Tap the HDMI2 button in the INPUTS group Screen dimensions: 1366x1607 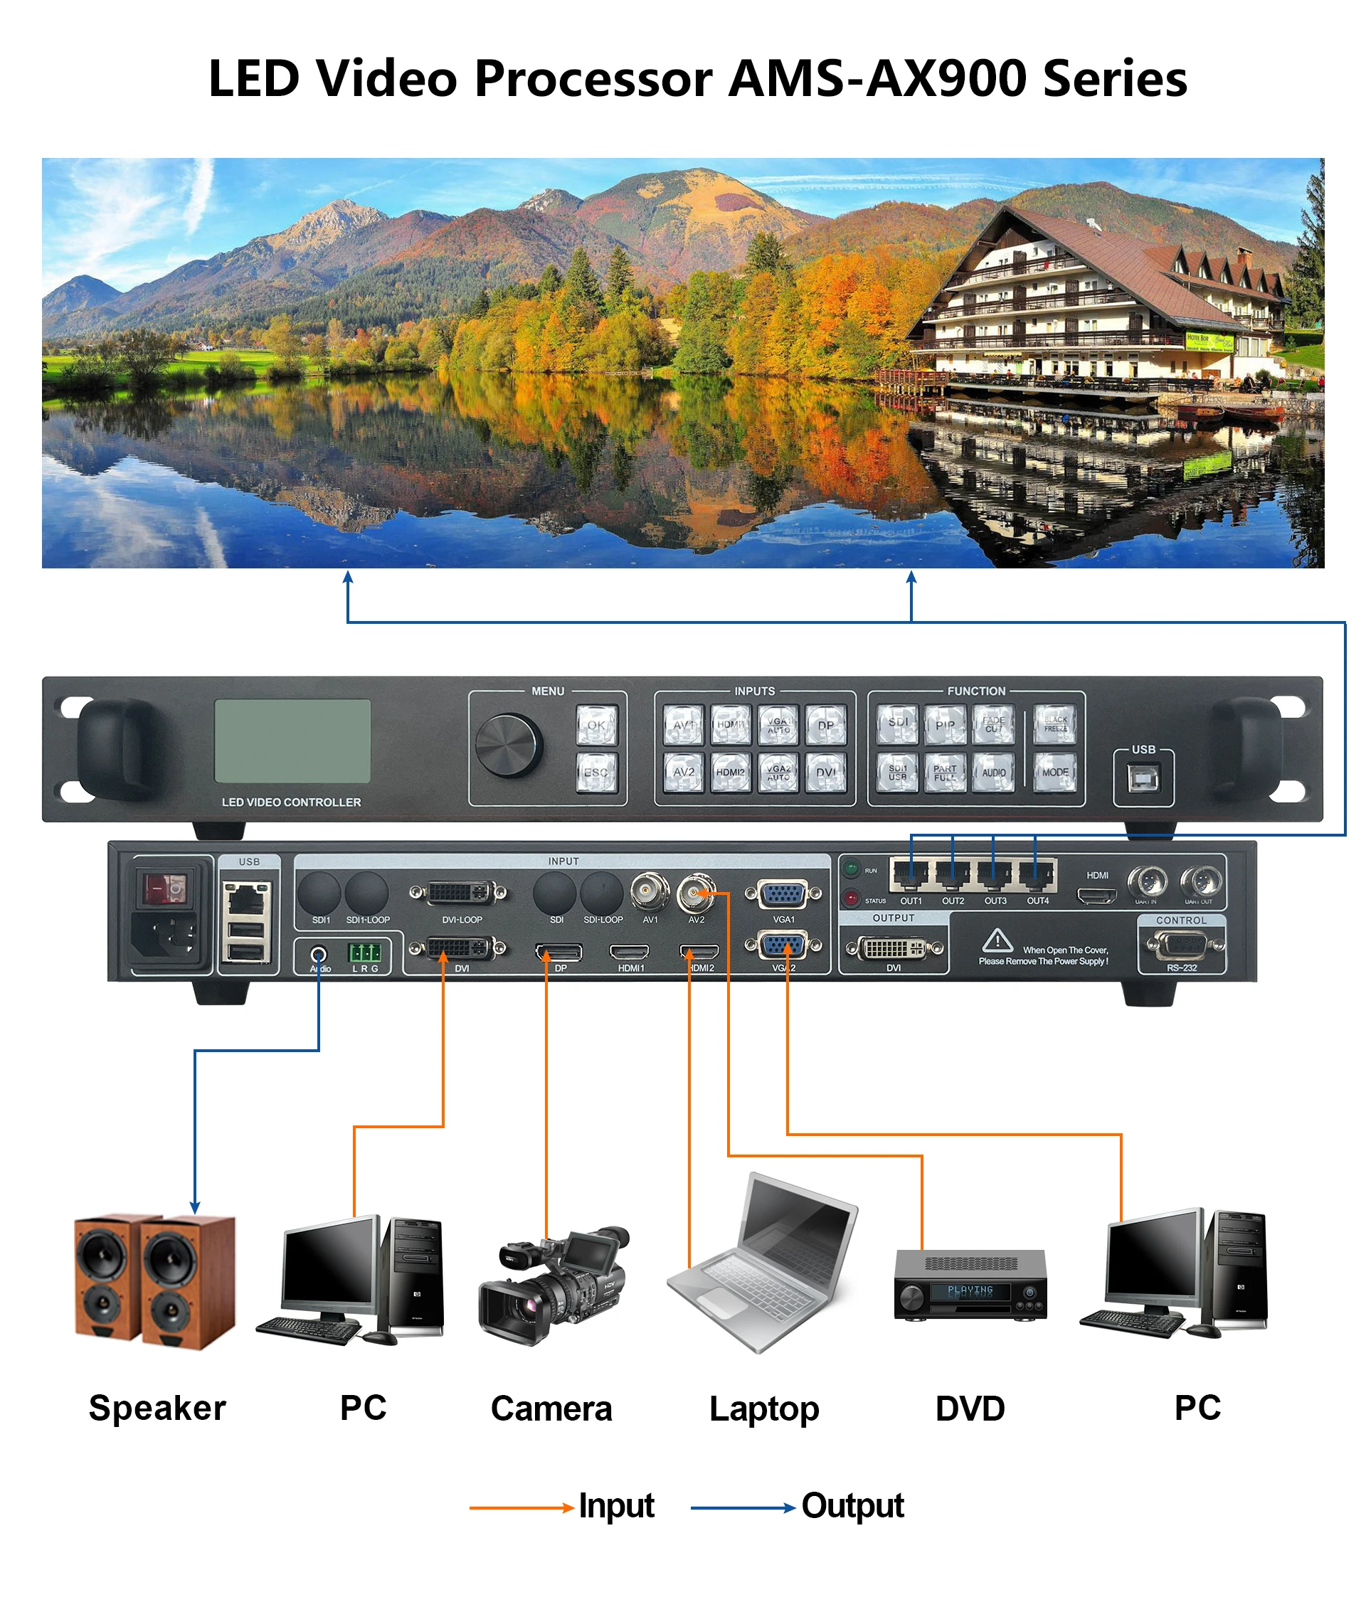tap(730, 772)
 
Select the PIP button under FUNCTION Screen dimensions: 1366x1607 tap(945, 725)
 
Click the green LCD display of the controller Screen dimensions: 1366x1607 tap(292, 741)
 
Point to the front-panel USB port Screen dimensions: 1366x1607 tap(1143, 779)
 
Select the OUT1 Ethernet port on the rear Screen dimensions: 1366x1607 tap(911, 876)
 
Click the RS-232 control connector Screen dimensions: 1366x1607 tap(1181, 945)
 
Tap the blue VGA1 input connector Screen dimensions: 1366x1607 tap(783, 895)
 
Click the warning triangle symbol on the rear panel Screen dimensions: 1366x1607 tap(997, 940)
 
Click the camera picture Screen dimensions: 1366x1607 tap(553, 1285)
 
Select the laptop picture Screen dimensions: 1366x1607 tap(763, 1270)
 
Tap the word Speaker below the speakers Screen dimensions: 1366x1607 tap(157, 1408)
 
